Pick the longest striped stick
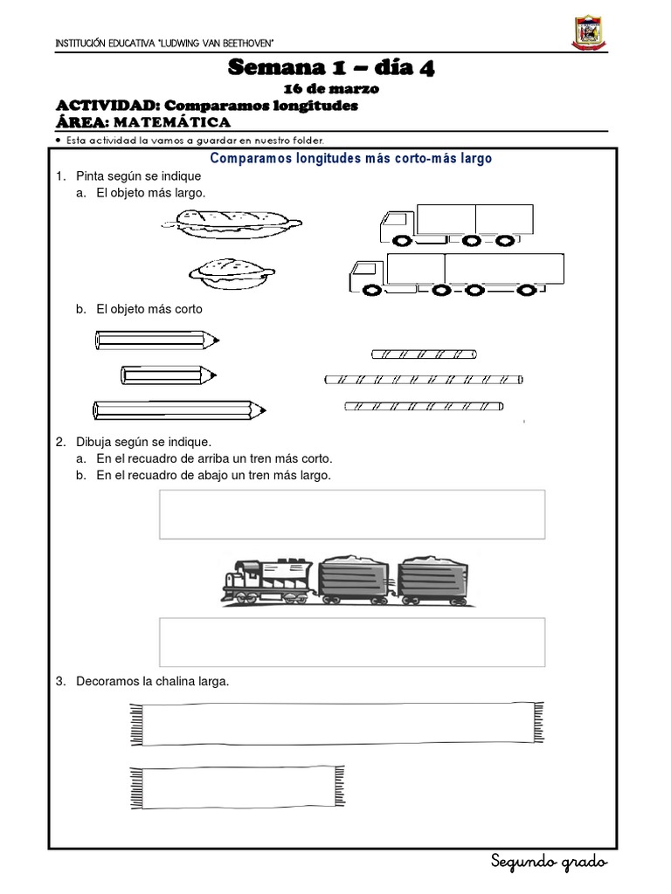424,379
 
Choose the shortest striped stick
424,354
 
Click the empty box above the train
352,514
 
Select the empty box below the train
352,642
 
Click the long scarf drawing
332,723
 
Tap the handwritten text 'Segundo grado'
547,862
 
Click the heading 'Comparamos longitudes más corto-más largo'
352,159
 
